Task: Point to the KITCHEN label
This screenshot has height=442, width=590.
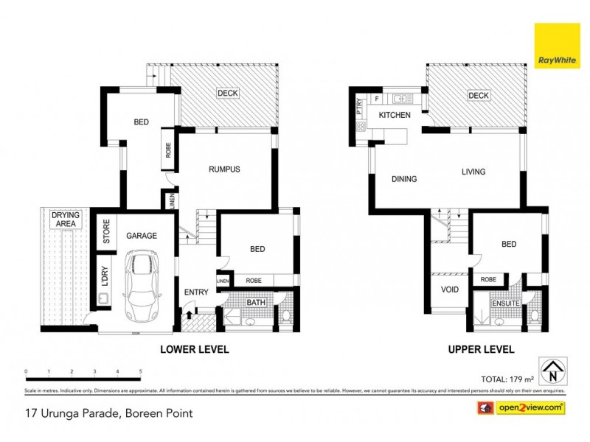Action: tap(394, 116)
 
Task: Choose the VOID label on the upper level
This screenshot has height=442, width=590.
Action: tap(448, 290)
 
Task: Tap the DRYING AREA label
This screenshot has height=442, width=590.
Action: tap(65, 219)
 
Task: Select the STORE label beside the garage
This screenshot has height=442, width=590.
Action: tap(106, 231)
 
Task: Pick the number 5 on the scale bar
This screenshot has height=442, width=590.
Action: tap(140, 371)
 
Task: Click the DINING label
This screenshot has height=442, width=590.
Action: tap(404, 179)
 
